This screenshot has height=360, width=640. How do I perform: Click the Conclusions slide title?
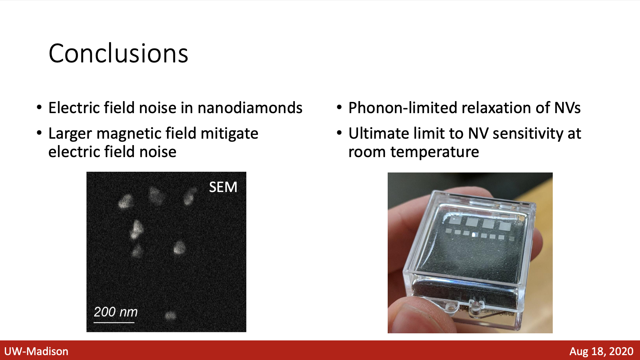pos(118,53)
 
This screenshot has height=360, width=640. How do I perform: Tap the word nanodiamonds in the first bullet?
pos(250,108)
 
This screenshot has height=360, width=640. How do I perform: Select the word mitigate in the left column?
pos(229,134)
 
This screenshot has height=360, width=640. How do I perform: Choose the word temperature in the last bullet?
pos(435,152)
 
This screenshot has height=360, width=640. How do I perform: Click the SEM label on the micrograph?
pos(223,187)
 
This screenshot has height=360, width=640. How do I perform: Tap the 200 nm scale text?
pos(116,312)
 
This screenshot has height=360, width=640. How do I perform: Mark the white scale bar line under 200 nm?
pos(114,322)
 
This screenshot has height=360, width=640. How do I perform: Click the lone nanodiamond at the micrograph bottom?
pos(171,316)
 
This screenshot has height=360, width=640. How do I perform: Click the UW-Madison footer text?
pos(36,351)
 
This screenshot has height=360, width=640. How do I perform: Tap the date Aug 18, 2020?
pos(601,351)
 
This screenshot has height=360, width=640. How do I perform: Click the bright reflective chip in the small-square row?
pos(474,234)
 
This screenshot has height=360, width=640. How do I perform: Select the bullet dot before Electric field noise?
pos(39,108)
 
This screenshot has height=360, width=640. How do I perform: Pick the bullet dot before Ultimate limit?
pos(339,133)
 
